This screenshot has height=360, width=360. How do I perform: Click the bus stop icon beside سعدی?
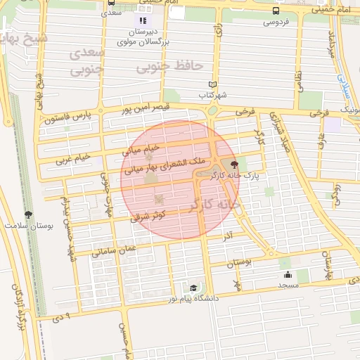[x=111, y=4]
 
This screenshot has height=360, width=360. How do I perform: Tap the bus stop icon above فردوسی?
[x=275, y=11]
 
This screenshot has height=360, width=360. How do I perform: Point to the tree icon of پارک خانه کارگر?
[x=244, y=164]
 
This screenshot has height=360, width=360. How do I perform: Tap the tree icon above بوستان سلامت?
[x=28, y=215]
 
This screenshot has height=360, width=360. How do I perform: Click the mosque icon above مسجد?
[x=288, y=275]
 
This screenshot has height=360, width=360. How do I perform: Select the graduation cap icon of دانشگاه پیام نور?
[x=193, y=288]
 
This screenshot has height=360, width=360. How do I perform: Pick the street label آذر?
[x=227, y=236]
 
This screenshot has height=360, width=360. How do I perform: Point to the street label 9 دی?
[x=63, y=317]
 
